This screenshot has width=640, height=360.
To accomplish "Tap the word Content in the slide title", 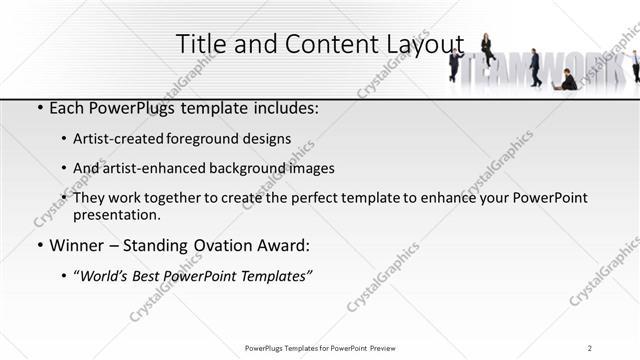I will [x=324, y=44].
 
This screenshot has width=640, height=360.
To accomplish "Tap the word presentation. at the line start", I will [x=116, y=214].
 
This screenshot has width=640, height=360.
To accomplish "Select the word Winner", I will [x=77, y=244].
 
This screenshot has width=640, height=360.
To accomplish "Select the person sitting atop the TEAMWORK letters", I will [x=487, y=47].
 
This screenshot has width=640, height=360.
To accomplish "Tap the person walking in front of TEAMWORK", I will [x=535, y=67].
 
